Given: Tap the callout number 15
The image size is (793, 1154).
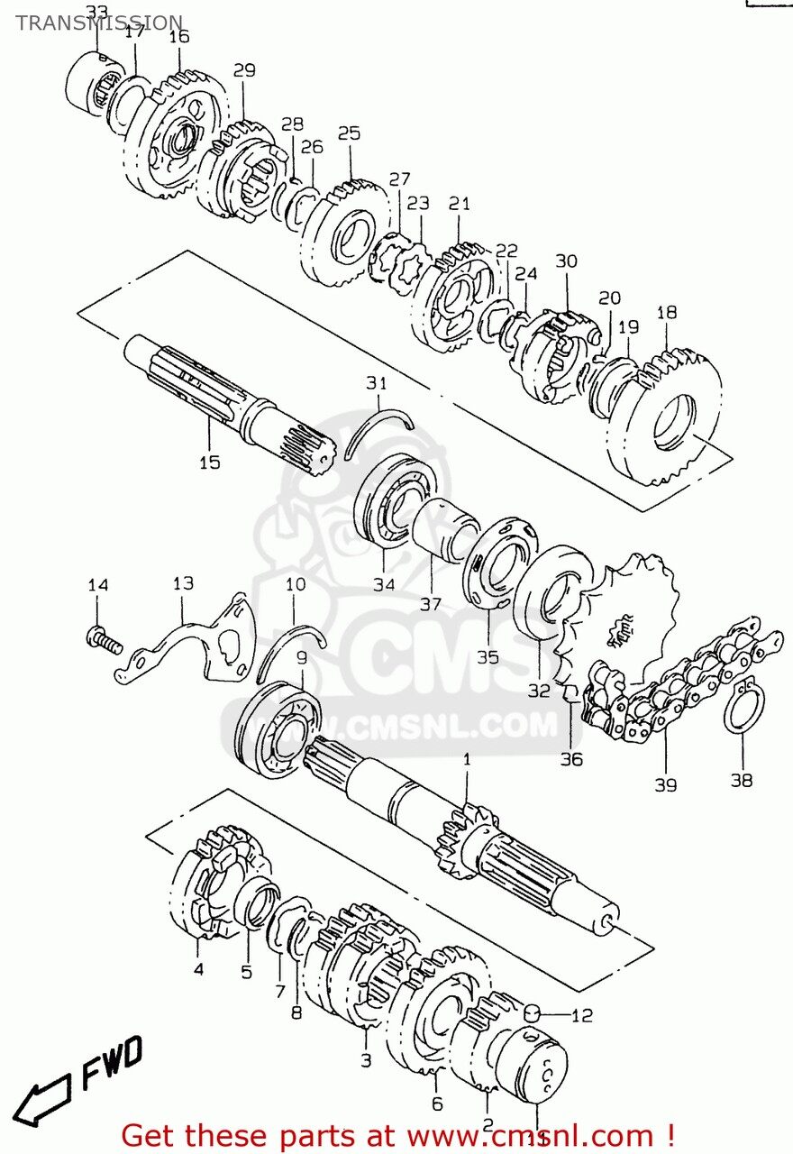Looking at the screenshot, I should point(209,463).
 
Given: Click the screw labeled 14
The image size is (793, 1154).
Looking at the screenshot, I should point(102,641).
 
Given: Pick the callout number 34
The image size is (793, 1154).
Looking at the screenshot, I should point(384,584).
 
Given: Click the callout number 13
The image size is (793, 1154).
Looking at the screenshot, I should point(183,583).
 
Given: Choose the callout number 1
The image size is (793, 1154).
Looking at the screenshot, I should point(467,759).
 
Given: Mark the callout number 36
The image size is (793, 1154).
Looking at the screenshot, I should point(571,759).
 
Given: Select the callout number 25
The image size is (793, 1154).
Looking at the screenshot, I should point(349,133).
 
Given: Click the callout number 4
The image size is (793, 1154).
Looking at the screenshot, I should point(197,969).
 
